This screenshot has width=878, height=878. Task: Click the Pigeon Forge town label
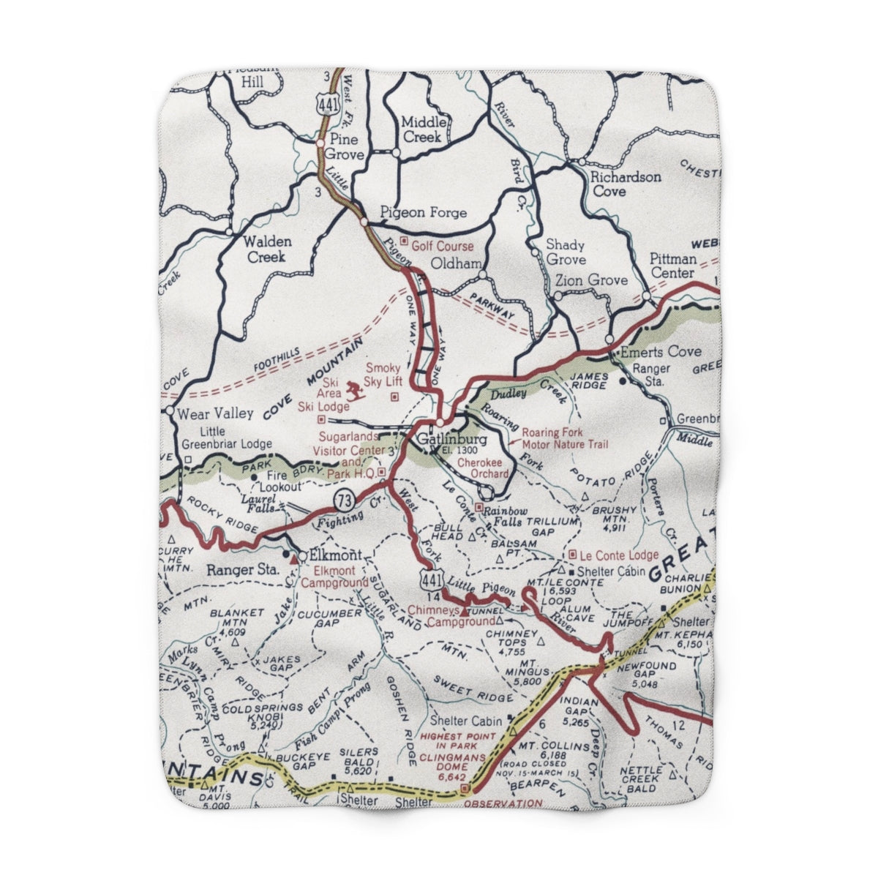click(423, 213)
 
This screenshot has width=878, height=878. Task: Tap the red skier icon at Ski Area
click(355, 390)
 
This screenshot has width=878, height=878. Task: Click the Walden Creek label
click(269, 249)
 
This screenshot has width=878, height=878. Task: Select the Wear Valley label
click(216, 413)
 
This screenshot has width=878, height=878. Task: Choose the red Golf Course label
click(442, 247)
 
